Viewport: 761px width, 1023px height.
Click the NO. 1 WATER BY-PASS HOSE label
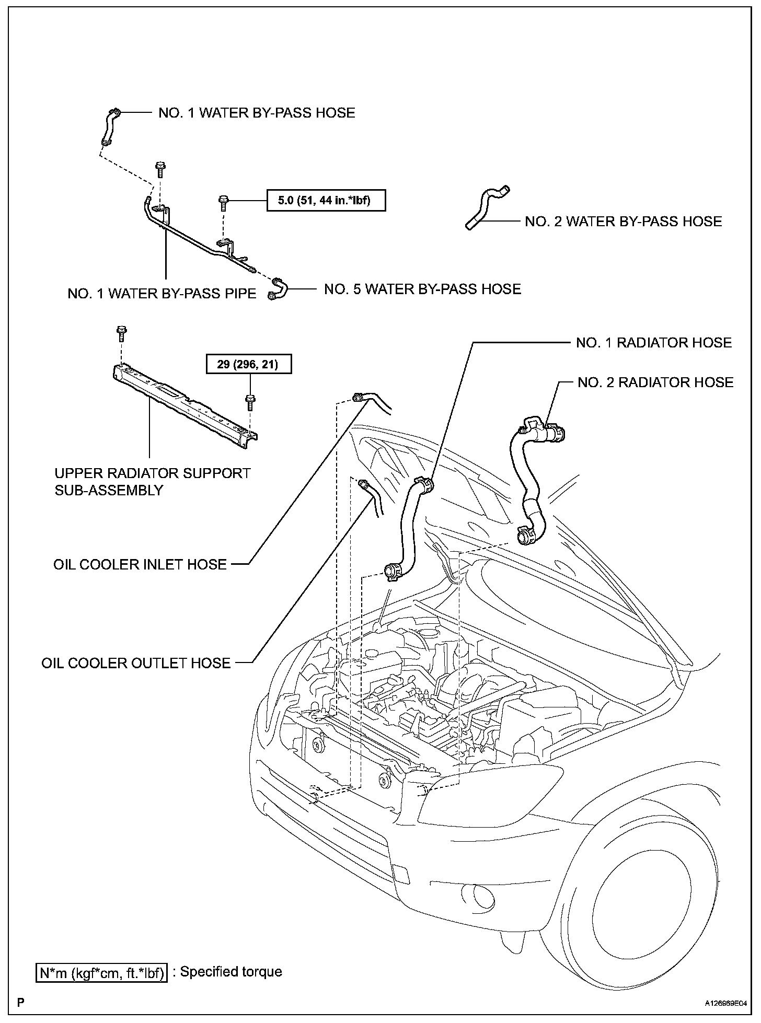(257, 113)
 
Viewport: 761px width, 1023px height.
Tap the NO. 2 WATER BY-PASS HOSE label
(623, 222)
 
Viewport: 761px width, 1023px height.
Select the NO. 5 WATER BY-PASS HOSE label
(422, 289)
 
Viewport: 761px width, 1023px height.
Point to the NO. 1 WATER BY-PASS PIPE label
(162, 294)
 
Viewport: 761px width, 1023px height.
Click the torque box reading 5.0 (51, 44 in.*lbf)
(326, 200)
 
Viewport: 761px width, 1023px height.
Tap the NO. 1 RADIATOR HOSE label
(653, 343)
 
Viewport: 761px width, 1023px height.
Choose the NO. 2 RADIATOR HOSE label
(655, 382)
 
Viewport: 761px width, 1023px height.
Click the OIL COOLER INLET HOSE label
(140, 564)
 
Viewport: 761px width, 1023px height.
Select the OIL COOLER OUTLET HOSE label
(136, 663)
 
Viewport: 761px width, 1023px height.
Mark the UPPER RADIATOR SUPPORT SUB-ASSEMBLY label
(153, 481)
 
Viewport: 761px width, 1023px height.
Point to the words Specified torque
(231, 972)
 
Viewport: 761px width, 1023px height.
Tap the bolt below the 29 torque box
(250, 402)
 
